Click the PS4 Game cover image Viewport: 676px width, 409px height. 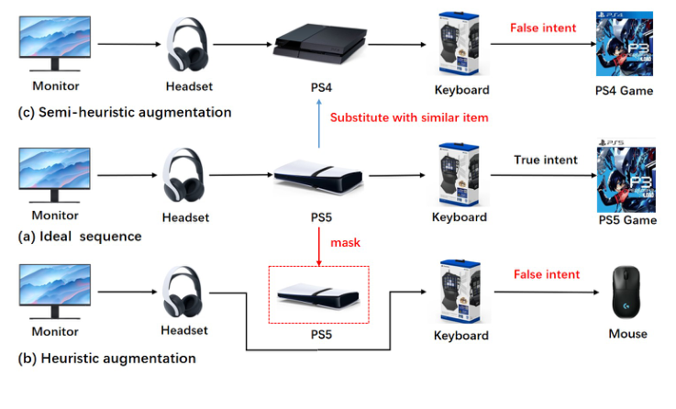[x=624, y=43]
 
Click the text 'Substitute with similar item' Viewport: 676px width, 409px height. [x=409, y=117]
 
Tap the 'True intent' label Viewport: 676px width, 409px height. [x=546, y=160]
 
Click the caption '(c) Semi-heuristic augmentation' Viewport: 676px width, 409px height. [x=124, y=112]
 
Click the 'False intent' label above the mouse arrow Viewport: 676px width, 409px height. [x=546, y=274]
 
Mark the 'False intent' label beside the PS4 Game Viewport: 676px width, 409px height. [x=543, y=28]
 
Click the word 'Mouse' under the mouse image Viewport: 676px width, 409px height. [x=627, y=334]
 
